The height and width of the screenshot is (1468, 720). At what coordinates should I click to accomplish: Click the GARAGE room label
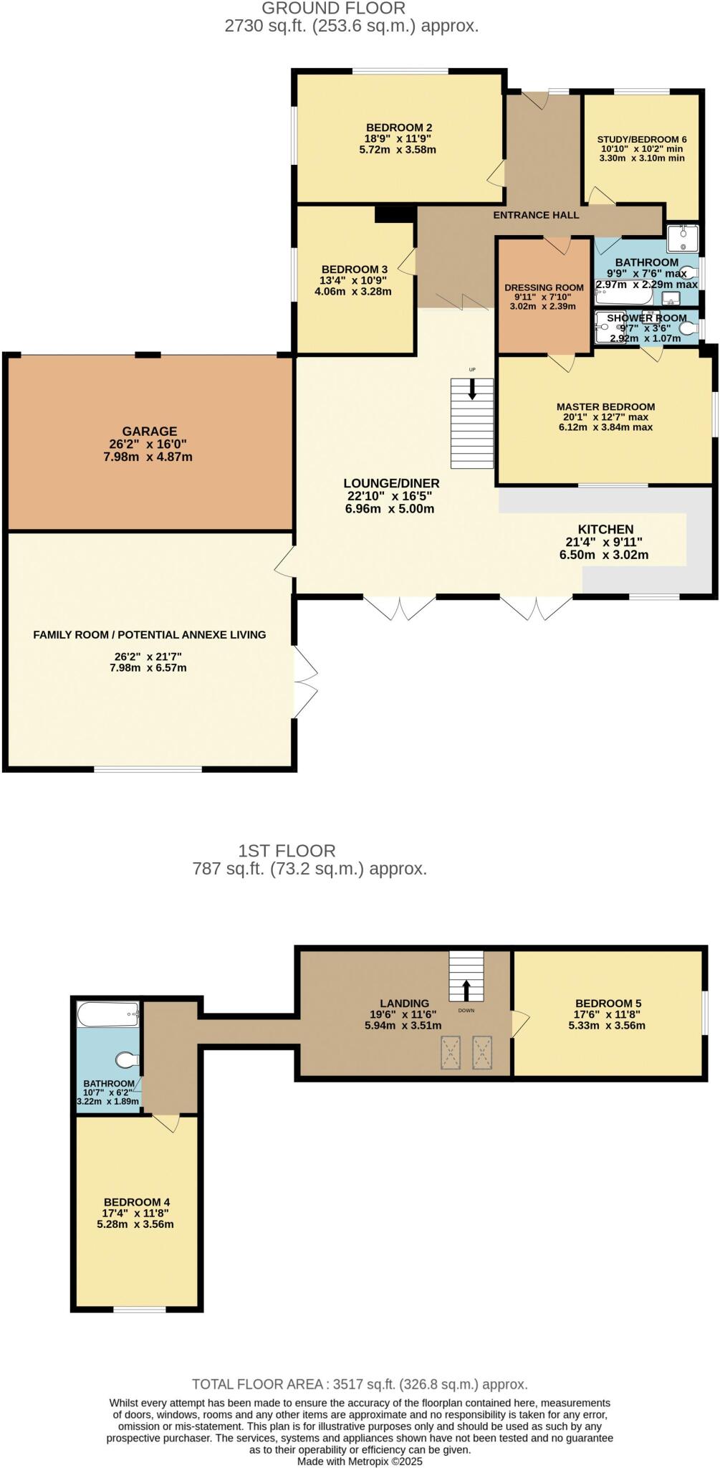click(x=149, y=431)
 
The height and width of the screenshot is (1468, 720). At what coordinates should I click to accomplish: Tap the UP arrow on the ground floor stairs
click(x=472, y=389)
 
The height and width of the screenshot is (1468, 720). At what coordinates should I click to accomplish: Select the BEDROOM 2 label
click(x=399, y=128)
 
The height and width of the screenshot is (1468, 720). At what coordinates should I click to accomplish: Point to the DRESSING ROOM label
click(x=544, y=287)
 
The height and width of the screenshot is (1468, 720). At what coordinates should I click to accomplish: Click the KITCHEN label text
click(x=605, y=529)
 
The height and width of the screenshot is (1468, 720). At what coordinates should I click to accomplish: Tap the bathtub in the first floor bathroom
click(x=107, y=1014)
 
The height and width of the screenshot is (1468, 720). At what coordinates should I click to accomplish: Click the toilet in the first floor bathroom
click(x=127, y=1059)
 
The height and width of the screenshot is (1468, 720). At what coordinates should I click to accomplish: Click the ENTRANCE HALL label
click(x=536, y=215)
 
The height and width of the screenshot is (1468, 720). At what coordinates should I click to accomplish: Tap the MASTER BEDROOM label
click(x=605, y=406)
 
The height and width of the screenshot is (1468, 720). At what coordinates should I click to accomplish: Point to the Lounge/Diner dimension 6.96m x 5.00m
click(x=390, y=509)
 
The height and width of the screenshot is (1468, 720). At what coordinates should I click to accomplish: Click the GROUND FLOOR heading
click(x=333, y=9)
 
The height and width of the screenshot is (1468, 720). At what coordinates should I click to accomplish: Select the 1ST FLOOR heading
click(x=287, y=851)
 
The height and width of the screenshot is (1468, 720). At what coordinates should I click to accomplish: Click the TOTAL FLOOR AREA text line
click(x=360, y=1384)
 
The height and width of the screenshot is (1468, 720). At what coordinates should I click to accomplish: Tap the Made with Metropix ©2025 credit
click(x=360, y=1462)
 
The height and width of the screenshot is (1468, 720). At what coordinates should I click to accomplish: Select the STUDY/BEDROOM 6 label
click(x=642, y=139)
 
